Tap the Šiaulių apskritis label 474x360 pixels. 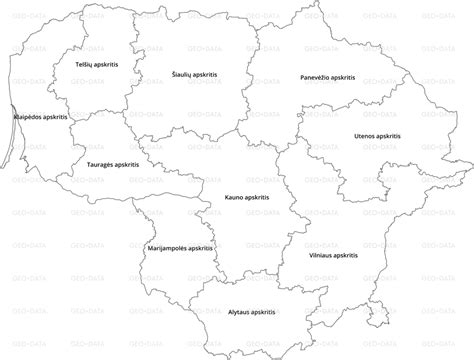[194, 74]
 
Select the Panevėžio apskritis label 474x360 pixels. [324, 76]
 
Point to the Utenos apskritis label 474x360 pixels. [378, 135]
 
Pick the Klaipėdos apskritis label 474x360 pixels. [41, 118]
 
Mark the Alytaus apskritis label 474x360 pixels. [251, 313]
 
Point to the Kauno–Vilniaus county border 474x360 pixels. [281, 190]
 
